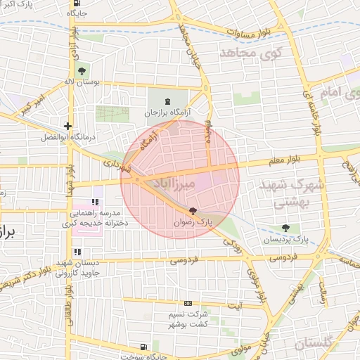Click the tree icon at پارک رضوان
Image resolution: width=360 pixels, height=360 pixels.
(x=193, y=211)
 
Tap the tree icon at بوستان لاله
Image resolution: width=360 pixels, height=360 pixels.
(x=82, y=70)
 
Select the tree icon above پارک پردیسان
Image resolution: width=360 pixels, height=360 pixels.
(x=285, y=228)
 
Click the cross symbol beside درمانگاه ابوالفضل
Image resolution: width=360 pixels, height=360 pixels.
(x=67, y=127)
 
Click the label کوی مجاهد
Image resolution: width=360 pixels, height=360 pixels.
(x=250, y=52)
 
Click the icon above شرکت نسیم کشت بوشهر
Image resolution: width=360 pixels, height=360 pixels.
(x=186, y=304)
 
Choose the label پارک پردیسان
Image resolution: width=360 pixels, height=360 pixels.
(x=285, y=240)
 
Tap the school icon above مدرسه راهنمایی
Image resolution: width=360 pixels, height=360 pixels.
(x=96, y=202)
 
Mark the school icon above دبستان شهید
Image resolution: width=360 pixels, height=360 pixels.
(x=77, y=252)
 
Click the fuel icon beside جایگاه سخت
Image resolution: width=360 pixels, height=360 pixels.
(x=143, y=347)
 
